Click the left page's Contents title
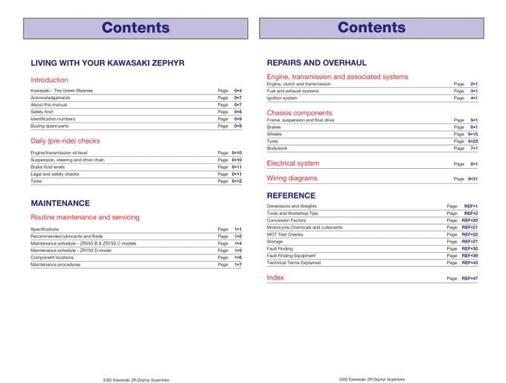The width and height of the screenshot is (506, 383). [135, 28]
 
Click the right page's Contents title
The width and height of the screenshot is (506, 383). [371, 28]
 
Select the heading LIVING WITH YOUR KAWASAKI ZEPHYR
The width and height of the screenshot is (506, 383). [107, 63]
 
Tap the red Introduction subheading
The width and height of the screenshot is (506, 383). [49, 80]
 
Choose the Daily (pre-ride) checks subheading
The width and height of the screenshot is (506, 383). [65, 141]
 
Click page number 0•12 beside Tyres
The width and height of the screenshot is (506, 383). [237, 181]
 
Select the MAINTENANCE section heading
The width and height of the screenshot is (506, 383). [60, 203]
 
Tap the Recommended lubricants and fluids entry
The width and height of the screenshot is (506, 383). [66, 236]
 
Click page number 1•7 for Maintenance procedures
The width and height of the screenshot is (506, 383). [238, 264]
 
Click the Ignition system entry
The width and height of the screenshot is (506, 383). [282, 97]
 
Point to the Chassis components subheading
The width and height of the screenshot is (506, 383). [300, 113]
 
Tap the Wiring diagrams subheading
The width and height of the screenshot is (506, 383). [292, 178]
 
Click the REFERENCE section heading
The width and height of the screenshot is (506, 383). [295, 196]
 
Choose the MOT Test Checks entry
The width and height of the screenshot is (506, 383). [285, 234]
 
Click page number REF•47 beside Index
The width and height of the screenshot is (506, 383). [470, 278]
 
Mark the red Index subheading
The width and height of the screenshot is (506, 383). [275, 277]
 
